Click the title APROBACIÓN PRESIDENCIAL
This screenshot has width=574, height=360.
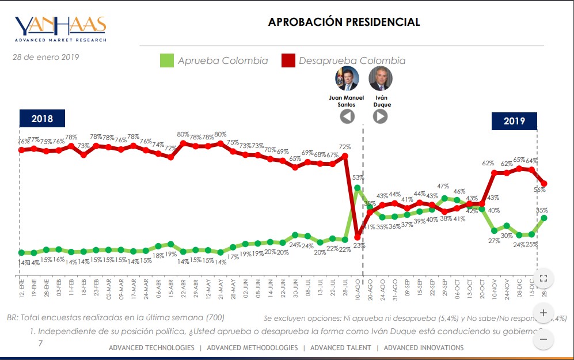pyautogui.click(x=344, y=22)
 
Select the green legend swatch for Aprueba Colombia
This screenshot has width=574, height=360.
pyautogui.click(x=166, y=60)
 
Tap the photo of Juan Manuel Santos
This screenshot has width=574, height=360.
pyautogui.click(x=347, y=78)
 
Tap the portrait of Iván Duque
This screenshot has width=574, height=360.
pyautogui.click(x=380, y=78)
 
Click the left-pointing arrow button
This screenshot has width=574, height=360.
pyautogui.click(x=347, y=116)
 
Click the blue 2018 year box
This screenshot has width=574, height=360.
pyautogui.click(x=42, y=119)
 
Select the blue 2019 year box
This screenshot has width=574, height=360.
pyautogui.click(x=514, y=121)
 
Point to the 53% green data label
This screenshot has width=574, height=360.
pyautogui.click(x=358, y=177)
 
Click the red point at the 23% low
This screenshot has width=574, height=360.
pyautogui.click(x=358, y=237)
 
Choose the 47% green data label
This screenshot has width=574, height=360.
pyautogui.click(x=443, y=187)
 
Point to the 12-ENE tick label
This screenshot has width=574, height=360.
pyautogui.click(x=21, y=286)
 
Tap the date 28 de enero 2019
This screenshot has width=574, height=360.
pyautogui.click(x=46, y=57)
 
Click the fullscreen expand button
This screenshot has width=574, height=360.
pyautogui.click(x=543, y=279)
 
